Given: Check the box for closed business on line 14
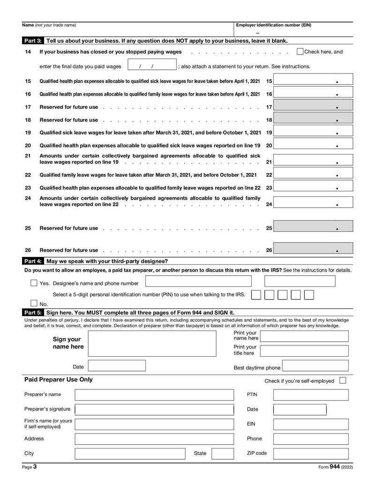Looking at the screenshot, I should pos(300,52).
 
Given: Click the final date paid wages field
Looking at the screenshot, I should pos(152,66).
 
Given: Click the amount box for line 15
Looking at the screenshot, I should pos(313,81).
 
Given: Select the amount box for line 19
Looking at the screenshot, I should pos(313,133).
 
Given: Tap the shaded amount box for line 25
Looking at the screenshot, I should pos(313,228).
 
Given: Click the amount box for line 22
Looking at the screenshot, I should pos(313,175).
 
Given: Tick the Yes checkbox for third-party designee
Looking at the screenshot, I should pos(34,283).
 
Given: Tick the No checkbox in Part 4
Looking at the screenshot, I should pos(34,303).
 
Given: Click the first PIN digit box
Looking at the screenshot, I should pos(256,295).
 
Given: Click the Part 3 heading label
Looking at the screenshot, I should pos(32,41).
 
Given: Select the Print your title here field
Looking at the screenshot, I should pos(304,351).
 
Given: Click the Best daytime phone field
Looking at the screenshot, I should pos(315,366).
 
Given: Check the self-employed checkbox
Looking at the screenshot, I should pos(343,381).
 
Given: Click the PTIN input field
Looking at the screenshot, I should pos(310,395).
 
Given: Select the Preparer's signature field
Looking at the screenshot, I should pos(154,409).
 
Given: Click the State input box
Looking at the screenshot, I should pos(222,453).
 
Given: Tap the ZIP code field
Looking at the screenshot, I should pos(310,453).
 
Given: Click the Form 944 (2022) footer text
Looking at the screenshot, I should pos(335,467).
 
